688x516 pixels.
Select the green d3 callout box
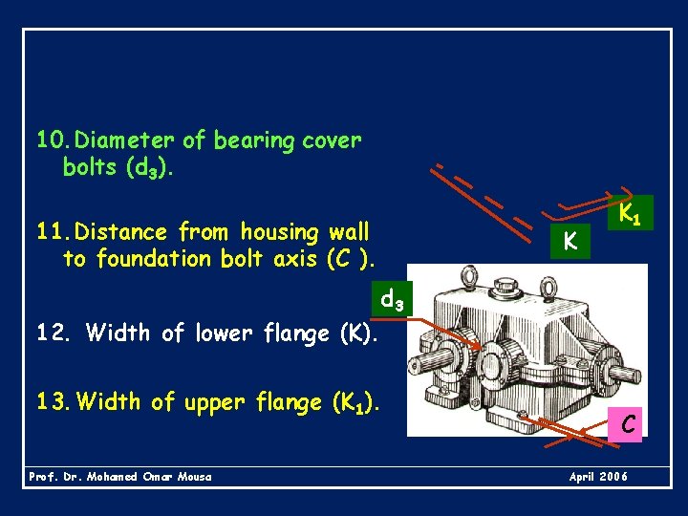tap(391, 299)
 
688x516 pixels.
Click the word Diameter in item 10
tap(125, 141)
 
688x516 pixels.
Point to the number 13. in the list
tap(54, 402)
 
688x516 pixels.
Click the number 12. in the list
tap(54, 333)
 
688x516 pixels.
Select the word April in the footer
tap(583, 476)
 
